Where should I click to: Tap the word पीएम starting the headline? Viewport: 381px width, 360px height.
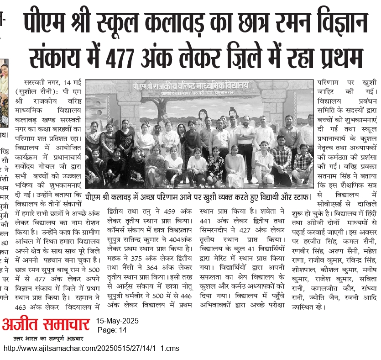point(45,23)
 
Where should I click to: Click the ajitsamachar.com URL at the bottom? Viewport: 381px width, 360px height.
point(91,348)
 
